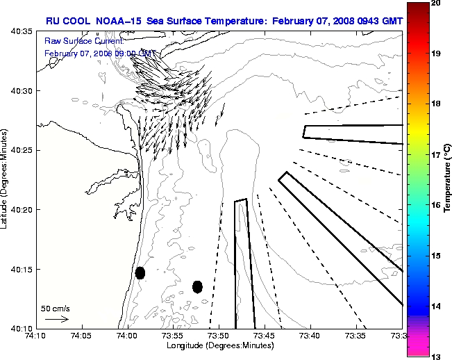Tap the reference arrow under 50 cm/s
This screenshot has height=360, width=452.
tap(56, 319)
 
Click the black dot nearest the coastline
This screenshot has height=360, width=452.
tap(140, 272)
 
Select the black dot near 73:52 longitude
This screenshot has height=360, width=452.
tap(197, 286)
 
